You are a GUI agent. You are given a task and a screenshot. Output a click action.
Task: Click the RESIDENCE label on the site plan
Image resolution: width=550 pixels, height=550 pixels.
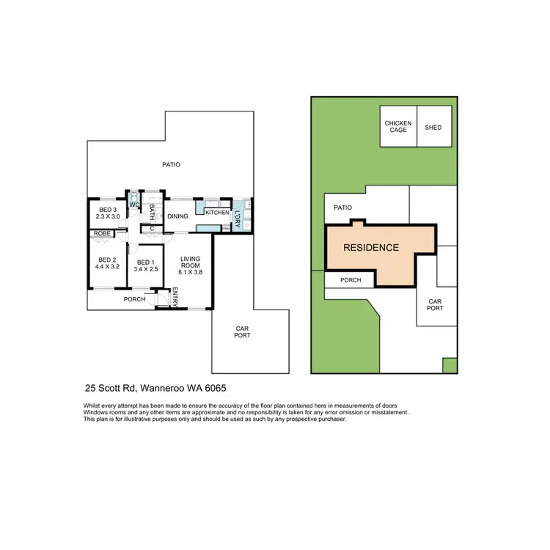tap(372, 248)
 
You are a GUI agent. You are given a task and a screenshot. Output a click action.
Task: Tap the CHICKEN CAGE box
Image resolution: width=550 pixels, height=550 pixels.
tap(398, 127)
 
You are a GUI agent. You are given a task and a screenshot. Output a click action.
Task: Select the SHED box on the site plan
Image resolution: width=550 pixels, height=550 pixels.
tap(433, 127)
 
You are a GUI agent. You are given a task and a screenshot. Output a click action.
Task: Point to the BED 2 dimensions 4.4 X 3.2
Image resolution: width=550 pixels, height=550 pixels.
tap(108, 266)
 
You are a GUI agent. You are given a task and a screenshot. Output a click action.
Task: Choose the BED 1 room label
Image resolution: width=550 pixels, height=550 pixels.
tap(144, 262)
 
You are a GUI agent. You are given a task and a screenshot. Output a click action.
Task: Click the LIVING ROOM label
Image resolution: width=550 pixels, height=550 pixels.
tap(190, 261)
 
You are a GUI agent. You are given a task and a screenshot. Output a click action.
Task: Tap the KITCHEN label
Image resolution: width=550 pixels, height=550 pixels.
tap(217, 213)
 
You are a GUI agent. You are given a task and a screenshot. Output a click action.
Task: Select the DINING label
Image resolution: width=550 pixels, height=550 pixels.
tap(178, 216)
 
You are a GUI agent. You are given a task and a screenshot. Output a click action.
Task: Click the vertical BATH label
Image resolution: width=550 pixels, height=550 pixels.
tap(152, 212)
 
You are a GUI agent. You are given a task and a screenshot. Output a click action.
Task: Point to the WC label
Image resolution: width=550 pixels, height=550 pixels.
tap(134, 205)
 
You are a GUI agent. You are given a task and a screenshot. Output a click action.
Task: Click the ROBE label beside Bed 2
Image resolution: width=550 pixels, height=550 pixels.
tap(101, 234)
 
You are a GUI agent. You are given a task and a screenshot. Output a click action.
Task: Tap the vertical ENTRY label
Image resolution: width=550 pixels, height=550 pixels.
tap(175, 297)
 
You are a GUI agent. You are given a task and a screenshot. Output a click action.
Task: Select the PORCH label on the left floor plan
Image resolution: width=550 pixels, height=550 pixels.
tap(133, 299)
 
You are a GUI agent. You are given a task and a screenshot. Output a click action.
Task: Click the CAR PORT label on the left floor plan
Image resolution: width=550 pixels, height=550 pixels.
tap(243, 332)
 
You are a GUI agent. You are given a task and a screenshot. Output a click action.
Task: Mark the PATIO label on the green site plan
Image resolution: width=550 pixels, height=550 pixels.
tap(343, 208)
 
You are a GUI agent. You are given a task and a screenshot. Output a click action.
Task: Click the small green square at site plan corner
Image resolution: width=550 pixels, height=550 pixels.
tap(449, 364)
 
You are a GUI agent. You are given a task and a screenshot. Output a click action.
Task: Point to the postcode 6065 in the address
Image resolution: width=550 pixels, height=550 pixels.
tap(220, 389)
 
